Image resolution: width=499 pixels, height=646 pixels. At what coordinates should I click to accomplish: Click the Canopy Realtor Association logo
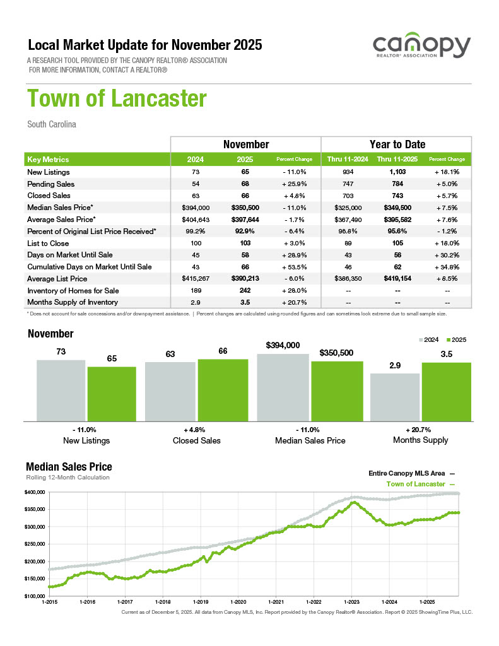pos(421,47)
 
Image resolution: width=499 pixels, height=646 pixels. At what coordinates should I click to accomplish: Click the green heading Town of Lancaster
pos(117,99)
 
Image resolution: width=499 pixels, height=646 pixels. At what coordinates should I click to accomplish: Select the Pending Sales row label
pos(50,184)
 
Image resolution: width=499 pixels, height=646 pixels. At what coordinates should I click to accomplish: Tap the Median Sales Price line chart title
pos(69,467)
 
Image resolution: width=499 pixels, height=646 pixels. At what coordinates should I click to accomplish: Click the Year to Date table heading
pos(397,144)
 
